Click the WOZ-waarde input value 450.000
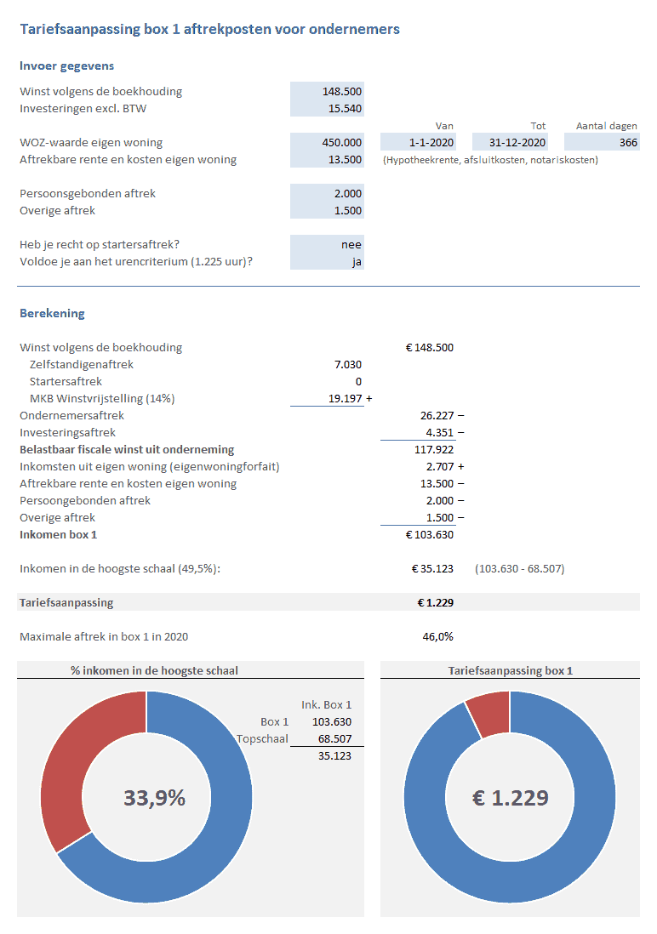click(x=343, y=142)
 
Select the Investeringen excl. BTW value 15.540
click(x=346, y=108)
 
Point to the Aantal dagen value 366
click(x=628, y=142)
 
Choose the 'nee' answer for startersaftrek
click(x=351, y=244)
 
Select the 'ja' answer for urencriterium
click(x=357, y=261)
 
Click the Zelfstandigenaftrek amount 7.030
click(x=347, y=364)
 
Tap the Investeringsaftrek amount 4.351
click(x=440, y=432)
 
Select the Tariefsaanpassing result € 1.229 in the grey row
click(x=435, y=602)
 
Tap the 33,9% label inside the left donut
click(x=154, y=798)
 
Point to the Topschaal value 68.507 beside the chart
click(x=334, y=738)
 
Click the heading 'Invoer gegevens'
click(x=66, y=65)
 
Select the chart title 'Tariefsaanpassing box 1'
click(x=510, y=670)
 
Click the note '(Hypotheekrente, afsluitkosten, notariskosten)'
click(x=490, y=160)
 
